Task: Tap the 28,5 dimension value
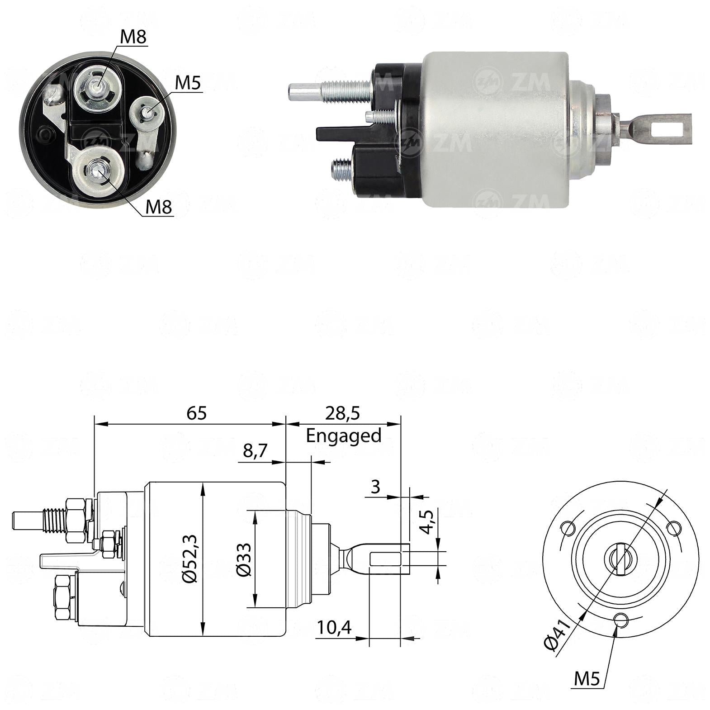[x=342, y=413]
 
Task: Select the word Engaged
[x=344, y=436]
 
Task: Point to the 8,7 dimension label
[x=256, y=451]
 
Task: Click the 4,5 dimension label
[x=426, y=522]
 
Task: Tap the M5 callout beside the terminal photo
[x=187, y=83]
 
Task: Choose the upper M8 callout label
[x=133, y=37]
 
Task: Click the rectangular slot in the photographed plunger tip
[x=666, y=129]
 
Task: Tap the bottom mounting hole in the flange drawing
[x=621, y=619]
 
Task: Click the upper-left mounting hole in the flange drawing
[x=568, y=527]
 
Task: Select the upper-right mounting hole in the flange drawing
[x=674, y=527]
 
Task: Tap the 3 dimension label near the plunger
[x=375, y=487]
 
